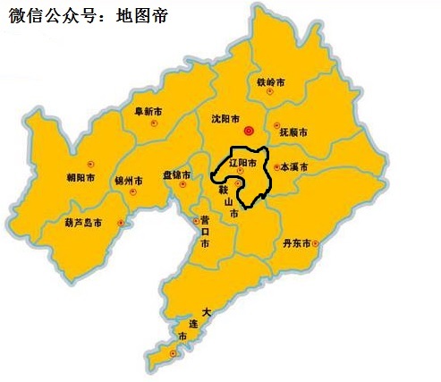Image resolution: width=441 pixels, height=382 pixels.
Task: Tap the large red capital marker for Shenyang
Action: pos(250,131)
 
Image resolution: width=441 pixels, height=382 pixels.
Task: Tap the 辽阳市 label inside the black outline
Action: pos(242,165)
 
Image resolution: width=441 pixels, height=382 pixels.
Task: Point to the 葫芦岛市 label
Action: pos(83,222)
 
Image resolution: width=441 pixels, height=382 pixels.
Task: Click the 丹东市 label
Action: pos(296,243)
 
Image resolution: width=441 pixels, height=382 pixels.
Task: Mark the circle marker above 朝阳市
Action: pos(90,163)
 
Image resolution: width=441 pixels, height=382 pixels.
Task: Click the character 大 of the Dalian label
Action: pos(208,312)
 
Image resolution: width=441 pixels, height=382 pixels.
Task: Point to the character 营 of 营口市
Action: pos(205,219)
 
